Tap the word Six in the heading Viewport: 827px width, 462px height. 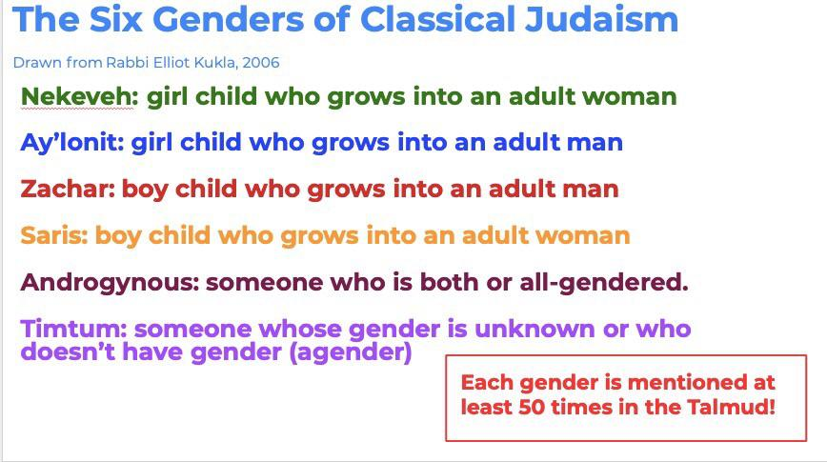pyautogui.click(x=116, y=19)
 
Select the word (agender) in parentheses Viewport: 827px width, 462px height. pyautogui.click(x=351, y=352)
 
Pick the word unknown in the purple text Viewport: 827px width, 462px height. pyautogui.click(x=535, y=329)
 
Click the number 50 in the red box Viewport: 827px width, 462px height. pyautogui.click(x=532, y=407)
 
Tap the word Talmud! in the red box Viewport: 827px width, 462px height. pyautogui.click(x=731, y=407)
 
